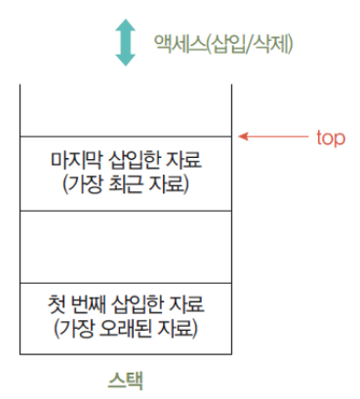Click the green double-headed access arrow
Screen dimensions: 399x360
(125, 42)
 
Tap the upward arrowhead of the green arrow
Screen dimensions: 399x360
(125, 26)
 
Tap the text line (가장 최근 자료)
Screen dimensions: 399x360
(126, 182)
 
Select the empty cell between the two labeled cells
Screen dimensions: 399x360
(126, 245)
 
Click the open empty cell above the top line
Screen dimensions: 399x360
(126, 110)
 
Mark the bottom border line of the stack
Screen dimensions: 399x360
(126, 352)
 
